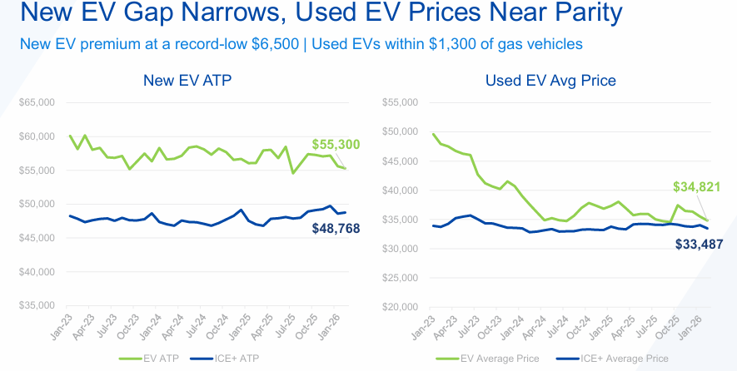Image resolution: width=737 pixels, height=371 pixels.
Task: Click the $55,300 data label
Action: click(x=336, y=145)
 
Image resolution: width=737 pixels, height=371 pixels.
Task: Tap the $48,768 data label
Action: click(x=336, y=229)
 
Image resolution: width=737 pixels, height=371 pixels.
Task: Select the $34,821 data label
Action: click(x=696, y=187)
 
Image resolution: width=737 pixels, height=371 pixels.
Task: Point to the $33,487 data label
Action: click(x=700, y=245)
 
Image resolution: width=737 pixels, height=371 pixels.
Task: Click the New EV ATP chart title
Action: click(x=187, y=81)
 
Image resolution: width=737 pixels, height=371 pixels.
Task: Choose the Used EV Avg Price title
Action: click(x=550, y=81)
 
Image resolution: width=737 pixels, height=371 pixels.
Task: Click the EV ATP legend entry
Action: click(x=149, y=359)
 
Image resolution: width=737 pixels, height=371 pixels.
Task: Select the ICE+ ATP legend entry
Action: click(x=225, y=359)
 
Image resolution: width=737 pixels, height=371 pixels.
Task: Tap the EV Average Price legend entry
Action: click(x=487, y=359)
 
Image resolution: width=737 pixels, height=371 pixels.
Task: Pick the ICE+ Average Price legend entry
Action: click(x=612, y=359)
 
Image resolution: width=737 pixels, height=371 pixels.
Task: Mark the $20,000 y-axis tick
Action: click(x=400, y=307)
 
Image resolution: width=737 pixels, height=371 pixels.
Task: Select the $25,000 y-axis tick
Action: click(x=400, y=278)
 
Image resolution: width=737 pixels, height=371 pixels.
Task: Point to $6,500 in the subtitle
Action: click(x=276, y=44)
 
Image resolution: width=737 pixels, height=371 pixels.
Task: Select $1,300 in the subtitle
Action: click(x=452, y=44)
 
